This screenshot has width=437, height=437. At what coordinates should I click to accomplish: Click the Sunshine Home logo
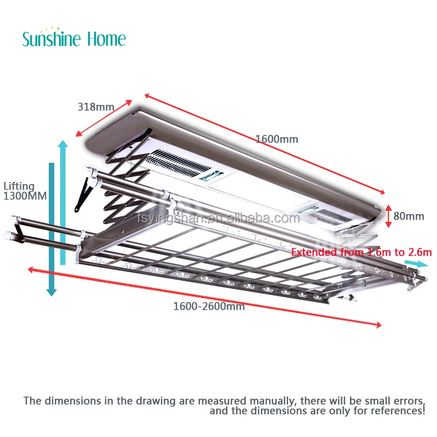[x=74, y=38]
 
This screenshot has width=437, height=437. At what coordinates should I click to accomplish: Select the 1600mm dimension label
[x=277, y=139]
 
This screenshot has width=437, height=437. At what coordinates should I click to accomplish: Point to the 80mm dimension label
[x=409, y=216]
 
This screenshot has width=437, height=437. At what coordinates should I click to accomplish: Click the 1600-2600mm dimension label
[x=209, y=306]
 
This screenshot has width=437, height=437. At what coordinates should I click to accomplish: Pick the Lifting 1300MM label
[x=20, y=191]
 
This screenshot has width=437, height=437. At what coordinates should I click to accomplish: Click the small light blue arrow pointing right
[x=416, y=263]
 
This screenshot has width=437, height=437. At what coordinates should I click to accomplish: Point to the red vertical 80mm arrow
[x=388, y=215]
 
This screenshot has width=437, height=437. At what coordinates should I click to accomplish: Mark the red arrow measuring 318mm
[x=104, y=118]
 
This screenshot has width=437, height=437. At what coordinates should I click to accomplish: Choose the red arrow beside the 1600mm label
[x=264, y=143]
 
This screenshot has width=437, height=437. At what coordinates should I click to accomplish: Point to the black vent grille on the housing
[x=175, y=163]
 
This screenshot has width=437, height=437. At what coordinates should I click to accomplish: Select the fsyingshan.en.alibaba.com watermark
[x=218, y=218]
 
